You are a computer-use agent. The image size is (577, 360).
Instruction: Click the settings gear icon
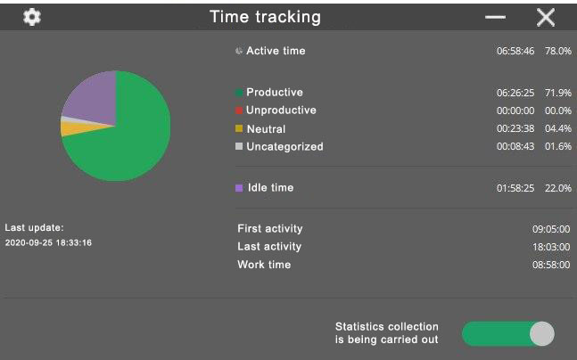[32, 17]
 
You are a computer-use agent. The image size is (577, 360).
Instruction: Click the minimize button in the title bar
[495, 17]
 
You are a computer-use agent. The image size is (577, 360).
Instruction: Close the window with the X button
[546, 17]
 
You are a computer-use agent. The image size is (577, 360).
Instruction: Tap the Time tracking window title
[265, 17]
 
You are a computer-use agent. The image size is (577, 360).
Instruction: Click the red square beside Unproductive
[239, 110]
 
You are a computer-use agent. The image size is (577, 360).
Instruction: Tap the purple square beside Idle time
[239, 188]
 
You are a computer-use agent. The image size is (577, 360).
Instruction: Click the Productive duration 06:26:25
[515, 93]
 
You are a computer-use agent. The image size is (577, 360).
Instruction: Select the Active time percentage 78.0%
[558, 51]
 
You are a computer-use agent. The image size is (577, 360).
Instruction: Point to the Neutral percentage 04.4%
[558, 128]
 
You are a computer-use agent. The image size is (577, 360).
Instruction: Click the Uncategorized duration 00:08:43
[515, 146]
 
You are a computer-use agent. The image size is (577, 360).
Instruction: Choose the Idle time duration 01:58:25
[515, 188]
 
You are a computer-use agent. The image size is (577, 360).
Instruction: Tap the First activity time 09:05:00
[551, 229]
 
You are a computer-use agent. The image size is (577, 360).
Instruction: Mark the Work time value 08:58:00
[551, 265]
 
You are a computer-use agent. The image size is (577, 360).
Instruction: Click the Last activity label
[269, 246]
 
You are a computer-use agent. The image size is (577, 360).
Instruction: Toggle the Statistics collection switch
[508, 334]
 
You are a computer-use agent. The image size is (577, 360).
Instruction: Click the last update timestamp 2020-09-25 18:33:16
[48, 242]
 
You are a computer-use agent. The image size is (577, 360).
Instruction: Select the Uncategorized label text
[284, 147]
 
